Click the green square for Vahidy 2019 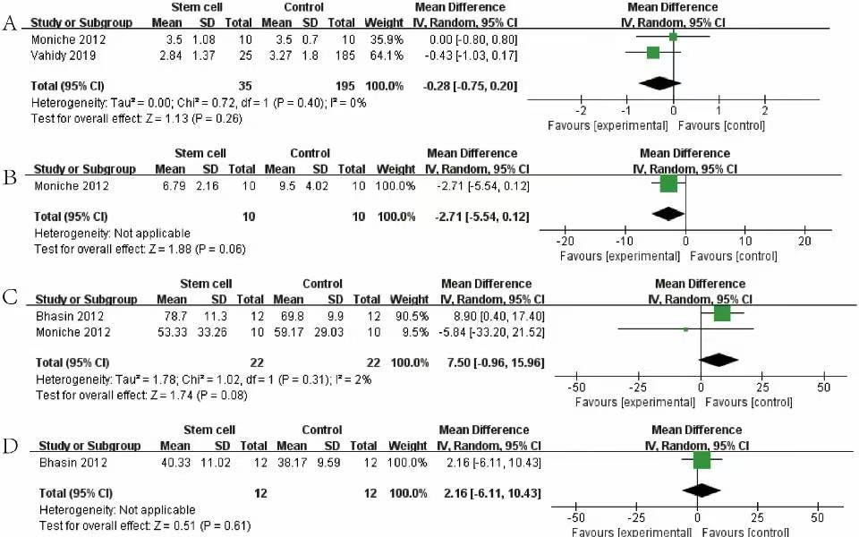653,53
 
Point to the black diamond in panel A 661,83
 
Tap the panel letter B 11,177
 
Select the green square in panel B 668,184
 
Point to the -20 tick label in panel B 566,242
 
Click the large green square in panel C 722,313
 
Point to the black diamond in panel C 718,360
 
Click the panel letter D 11,442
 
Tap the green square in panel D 702,460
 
